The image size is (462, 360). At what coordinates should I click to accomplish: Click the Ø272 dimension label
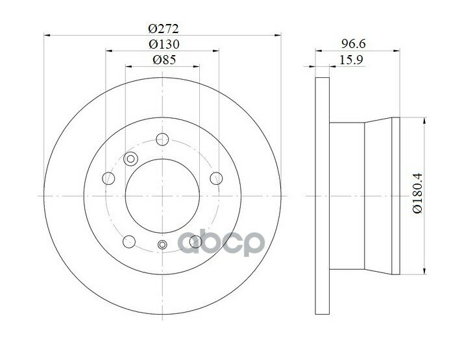tap(164, 29)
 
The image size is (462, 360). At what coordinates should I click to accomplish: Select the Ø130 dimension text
tap(164, 45)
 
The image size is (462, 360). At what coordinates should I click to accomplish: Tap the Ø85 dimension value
tap(164, 60)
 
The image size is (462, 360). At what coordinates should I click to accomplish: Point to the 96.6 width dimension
tap(353, 44)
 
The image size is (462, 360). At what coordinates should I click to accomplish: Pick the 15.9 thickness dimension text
tap(351, 60)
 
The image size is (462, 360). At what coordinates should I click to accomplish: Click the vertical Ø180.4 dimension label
tap(417, 193)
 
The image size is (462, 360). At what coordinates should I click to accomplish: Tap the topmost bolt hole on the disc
tap(162, 139)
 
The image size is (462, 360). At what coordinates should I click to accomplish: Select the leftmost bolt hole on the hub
tap(108, 178)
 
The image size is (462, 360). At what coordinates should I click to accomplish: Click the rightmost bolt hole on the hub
tap(216, 178)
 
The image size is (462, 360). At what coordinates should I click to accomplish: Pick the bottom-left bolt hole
tap(129, 241)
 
